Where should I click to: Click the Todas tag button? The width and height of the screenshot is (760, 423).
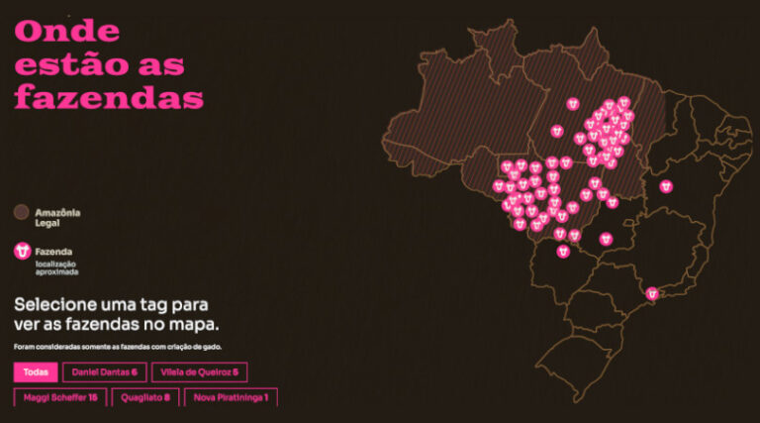pos(35,372)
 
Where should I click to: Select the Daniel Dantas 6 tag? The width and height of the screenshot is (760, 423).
pos(105,372)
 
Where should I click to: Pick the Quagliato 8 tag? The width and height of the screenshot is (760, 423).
pos(146,397)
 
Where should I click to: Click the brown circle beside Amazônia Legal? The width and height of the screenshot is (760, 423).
pos(22,212)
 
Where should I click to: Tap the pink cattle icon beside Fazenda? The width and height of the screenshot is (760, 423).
pos(22,252)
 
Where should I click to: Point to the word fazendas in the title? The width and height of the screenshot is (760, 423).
pos(109,97)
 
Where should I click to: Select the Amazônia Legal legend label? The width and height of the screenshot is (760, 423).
pos(56,217)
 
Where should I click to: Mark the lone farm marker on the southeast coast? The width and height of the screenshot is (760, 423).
pos(652,293)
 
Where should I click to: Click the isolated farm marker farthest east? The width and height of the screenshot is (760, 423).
pos(666,185)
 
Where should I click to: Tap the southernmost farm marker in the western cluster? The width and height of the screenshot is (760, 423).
pos(562,252)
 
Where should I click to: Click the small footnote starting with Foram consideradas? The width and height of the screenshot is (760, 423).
pos(118,347)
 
